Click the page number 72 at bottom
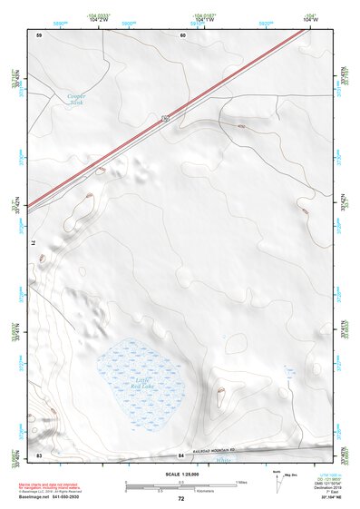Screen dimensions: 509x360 pyautogui.click(x=180, y=499)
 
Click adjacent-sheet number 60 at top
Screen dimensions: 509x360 pyautogui.click(x=182, y=35)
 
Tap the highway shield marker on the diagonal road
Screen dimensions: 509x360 pyautogui.click(x=164, y=119)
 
